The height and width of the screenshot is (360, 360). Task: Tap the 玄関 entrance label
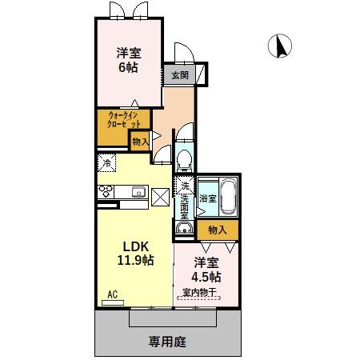[x=178, y=76]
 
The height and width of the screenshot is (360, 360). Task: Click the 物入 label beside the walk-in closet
[x=140, y=142]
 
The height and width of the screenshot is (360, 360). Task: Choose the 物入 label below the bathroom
[x=217, y=230]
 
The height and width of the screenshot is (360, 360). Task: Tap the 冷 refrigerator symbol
[x=107, y=163]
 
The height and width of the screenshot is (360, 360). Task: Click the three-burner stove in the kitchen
[x=106, y=191]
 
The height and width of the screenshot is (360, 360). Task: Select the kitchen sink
[x=137, y=191]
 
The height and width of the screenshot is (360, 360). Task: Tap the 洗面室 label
[x=184, y=206]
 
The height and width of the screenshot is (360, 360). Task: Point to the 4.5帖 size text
[x=206, y=277]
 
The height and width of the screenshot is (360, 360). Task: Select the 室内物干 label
[x=206, y=292]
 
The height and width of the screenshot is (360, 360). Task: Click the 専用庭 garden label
[x=167, y=342]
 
